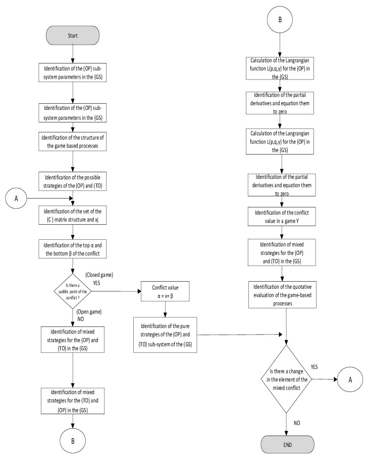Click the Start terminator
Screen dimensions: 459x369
click(x=74, y=36)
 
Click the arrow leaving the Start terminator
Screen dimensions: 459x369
click(x=74, y=54)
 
